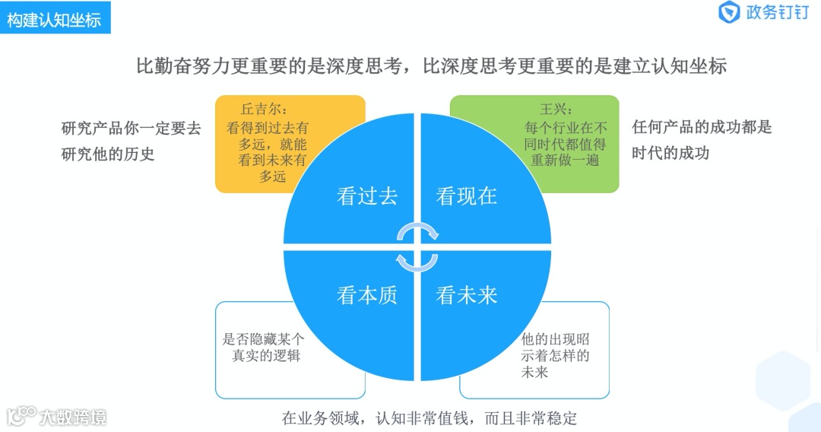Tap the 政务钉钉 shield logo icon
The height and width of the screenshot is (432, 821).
(730, 13)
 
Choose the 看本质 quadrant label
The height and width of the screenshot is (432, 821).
(367, 295)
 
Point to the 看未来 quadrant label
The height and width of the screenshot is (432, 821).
(467, 295)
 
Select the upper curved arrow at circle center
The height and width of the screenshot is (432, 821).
(418, 230)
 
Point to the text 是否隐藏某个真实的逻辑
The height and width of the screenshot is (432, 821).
(263, 347)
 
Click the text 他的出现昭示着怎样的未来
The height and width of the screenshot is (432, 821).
(555, 355)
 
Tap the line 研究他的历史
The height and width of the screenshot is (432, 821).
(108, 154)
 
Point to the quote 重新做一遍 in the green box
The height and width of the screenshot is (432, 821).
(565, 160)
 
